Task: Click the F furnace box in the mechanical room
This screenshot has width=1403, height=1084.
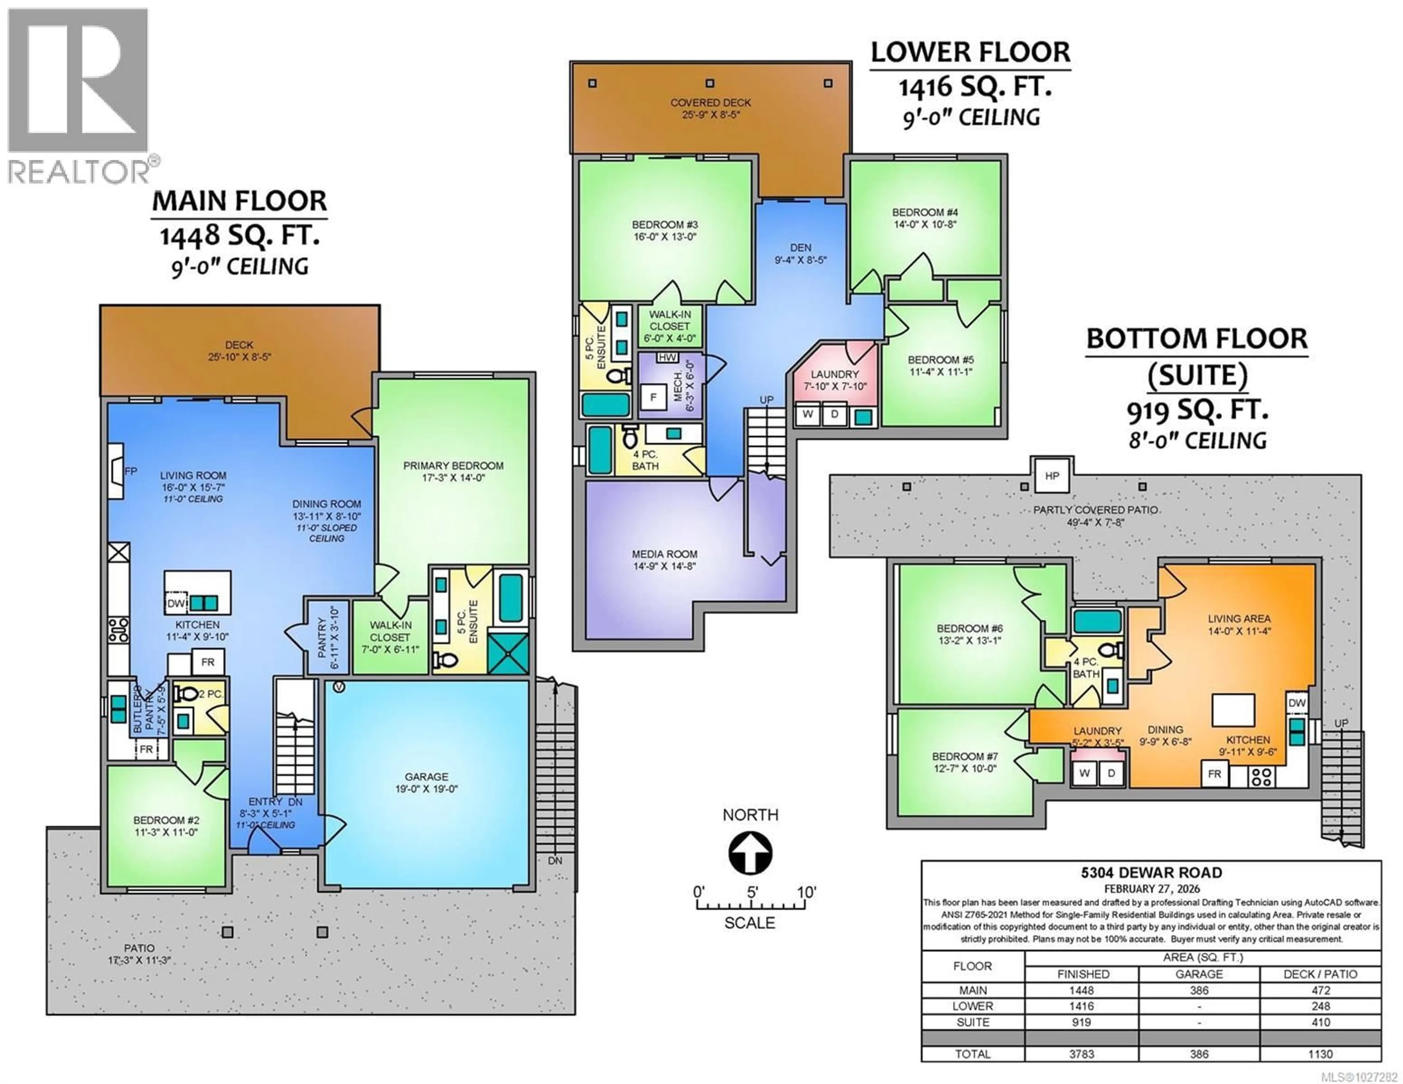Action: coord(653,397)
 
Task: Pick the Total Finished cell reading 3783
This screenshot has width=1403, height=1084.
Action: coord(1082,1054)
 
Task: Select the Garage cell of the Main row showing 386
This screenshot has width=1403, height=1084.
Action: coord(1199,990)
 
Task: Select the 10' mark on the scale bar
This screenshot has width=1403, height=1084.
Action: coord(806,893)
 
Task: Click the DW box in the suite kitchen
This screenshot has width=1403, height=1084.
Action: coord(1296,703)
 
